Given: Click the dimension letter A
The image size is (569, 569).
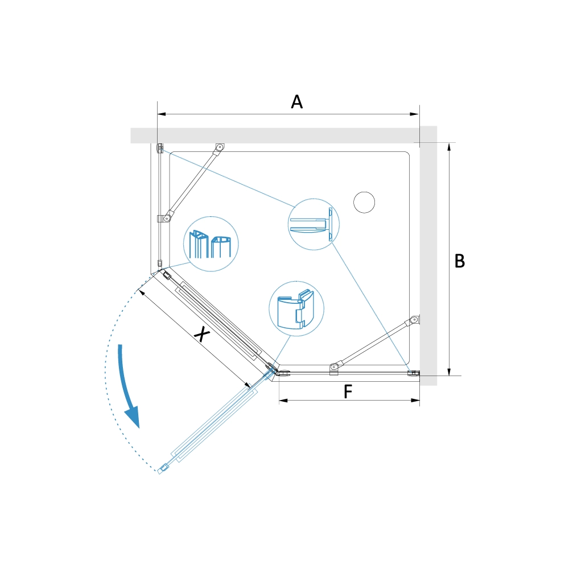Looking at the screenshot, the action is [x=297, y=102].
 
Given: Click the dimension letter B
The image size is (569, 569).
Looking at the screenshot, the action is [x=460, y=261].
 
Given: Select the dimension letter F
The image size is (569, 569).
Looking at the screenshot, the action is [x=348, y=391].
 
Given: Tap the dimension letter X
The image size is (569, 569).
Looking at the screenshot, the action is [x=202, y=334].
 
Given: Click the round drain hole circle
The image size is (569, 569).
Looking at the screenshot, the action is [x=364, y=203].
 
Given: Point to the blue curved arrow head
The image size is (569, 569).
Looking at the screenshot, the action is [x=133, y=417].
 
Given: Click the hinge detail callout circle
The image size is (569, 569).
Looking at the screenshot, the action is [x=296, y=308].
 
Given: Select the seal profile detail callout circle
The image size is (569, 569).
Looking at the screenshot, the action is [x=211, y=244].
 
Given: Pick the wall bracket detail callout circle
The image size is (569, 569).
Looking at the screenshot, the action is [x=314, y=224].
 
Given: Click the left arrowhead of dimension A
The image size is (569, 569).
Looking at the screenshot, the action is [x=162, y=114].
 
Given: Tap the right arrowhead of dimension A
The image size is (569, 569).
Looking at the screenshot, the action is [x=415, y=114].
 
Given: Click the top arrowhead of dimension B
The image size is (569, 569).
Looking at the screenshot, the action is [x=450, y=147].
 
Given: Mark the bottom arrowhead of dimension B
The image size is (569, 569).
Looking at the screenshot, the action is [x=450, y=371].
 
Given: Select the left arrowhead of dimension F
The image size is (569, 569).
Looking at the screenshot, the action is [x=283, y=401].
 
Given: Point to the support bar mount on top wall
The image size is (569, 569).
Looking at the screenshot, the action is [x=219, y=147].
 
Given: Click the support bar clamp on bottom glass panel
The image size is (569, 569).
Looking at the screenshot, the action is [x=334, y=369].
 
